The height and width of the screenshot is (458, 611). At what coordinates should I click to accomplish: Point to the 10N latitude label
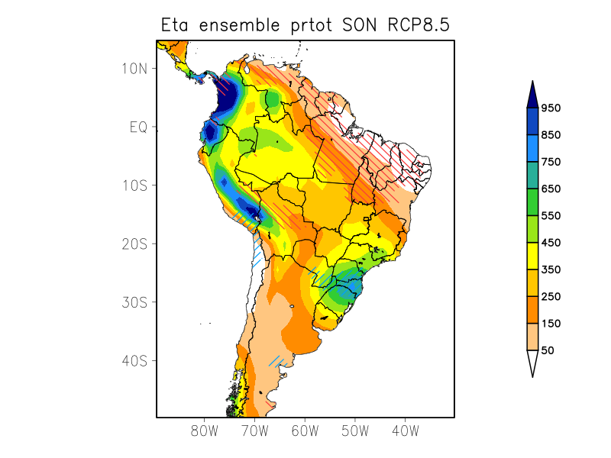pyautogui.click(x=134, y=68)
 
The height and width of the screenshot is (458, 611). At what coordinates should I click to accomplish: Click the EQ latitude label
pyautogui.click(x=137, y=127)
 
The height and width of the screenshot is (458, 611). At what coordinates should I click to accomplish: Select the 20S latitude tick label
pyautogui.click(x=134, y=244)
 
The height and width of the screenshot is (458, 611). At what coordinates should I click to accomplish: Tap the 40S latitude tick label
pyautogui.click(x=134, y=360)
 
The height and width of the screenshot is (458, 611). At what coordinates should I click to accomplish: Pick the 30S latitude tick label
pyautogui.click(x=134, y=302)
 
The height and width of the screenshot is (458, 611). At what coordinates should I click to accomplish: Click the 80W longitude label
pyautogui.click(x=204, y=431)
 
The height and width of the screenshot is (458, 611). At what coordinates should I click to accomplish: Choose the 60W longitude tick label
pyautogui.click(x=305, y=431)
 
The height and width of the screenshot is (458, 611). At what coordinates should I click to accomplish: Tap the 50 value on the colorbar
pyautogui.click(x=547, y=350)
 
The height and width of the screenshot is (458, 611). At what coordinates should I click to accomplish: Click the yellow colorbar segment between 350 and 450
pyautogui.click(x=532, y=256)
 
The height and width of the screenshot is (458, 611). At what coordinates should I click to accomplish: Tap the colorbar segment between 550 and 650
pyautogui.click(x=532, y=202)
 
